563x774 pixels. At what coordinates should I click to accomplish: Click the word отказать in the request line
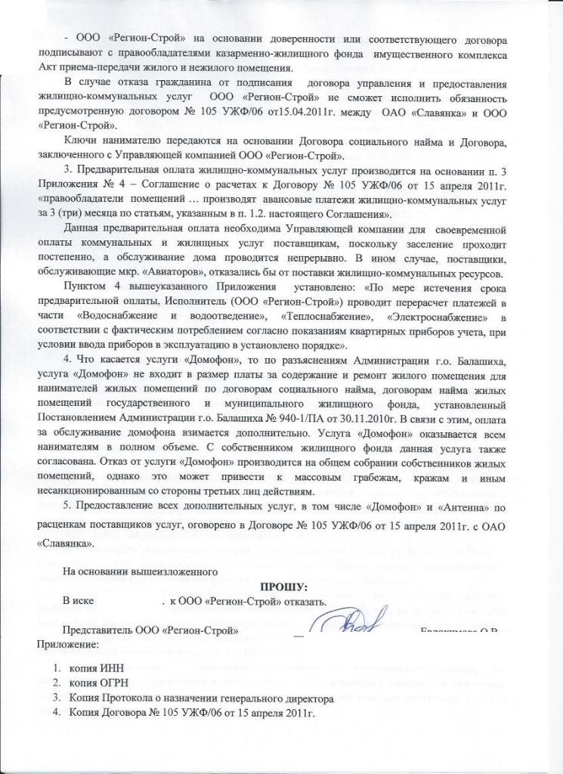(x=306, y=602)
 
